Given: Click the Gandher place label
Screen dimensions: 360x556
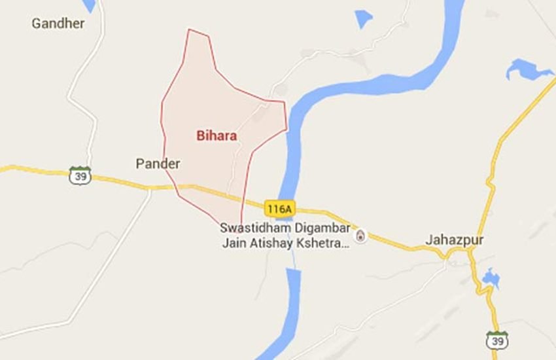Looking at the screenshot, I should (58, 24).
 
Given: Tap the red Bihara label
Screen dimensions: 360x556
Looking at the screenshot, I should (216, 136).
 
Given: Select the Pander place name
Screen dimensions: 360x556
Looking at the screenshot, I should (158, 164).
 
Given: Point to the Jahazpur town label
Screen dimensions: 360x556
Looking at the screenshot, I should (455, 240).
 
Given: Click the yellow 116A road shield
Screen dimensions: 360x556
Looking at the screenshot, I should (280, 209).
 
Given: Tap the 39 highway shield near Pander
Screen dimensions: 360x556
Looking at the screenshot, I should (80, 175).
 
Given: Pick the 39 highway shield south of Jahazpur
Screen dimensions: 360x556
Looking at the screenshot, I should (495, 340).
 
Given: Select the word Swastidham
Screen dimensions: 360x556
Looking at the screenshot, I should (251, 229).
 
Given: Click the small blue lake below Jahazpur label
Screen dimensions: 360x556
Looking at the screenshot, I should (490, 279).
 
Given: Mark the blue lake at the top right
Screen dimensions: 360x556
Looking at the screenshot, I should (527, 68).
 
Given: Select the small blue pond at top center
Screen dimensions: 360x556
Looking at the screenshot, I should (363, 18).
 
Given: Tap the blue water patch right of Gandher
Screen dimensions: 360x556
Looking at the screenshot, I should (90, 5).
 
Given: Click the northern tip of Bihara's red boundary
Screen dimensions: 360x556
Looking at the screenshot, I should (189, 29).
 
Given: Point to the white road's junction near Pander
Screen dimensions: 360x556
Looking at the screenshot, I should (150, 189).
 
